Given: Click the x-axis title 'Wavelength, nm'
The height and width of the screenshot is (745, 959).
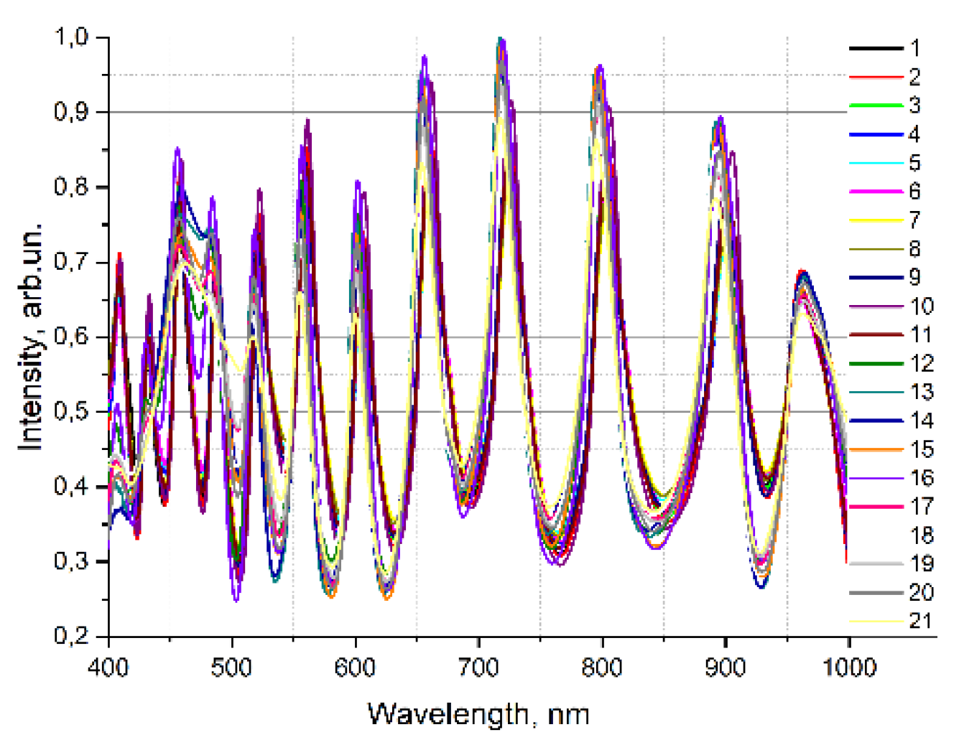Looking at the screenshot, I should pos(478,714).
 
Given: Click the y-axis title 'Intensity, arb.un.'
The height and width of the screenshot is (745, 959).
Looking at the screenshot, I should pos(31,337).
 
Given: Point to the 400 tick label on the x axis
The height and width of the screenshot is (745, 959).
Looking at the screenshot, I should pos(108,667).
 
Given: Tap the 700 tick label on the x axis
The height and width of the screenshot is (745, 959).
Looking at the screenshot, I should pos(478,667).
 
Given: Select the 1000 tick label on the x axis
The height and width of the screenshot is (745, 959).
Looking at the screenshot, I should pos(849,667).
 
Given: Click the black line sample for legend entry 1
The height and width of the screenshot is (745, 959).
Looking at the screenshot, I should pos(876,48).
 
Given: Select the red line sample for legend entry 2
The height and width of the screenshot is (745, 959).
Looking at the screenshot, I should pos(876,77).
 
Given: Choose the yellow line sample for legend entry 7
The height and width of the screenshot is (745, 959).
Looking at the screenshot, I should pos(876,220).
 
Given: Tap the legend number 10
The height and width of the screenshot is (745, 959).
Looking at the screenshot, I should pos(922,306).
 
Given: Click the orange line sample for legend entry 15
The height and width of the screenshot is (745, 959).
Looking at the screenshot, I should pos(876,449).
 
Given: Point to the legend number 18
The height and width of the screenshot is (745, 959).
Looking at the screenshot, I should pos(922,535).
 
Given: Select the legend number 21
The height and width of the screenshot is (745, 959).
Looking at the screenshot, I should pos(922,622).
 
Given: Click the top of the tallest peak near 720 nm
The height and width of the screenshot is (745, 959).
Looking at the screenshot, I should pos(501,39).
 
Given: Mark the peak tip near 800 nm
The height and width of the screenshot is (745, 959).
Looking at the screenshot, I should pos(599,67).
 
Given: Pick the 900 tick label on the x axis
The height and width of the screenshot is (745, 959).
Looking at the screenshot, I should pos(726,667).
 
